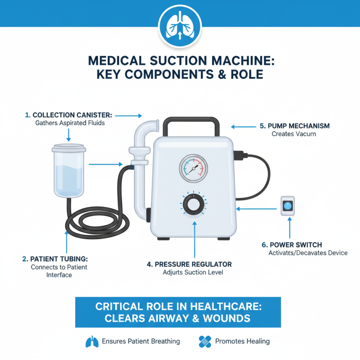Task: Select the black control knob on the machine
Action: point(193,207)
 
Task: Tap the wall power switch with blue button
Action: point(287,207)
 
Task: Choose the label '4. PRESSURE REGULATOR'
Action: point(189,264)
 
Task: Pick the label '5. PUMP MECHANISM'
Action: point(295,126)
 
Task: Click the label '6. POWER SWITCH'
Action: point(291,245)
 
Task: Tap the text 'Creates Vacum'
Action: point(294,134)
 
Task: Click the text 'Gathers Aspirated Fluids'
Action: point(70,123)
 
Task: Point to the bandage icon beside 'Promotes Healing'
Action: point(205,342)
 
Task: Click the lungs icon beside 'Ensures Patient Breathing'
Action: point(92,342)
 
